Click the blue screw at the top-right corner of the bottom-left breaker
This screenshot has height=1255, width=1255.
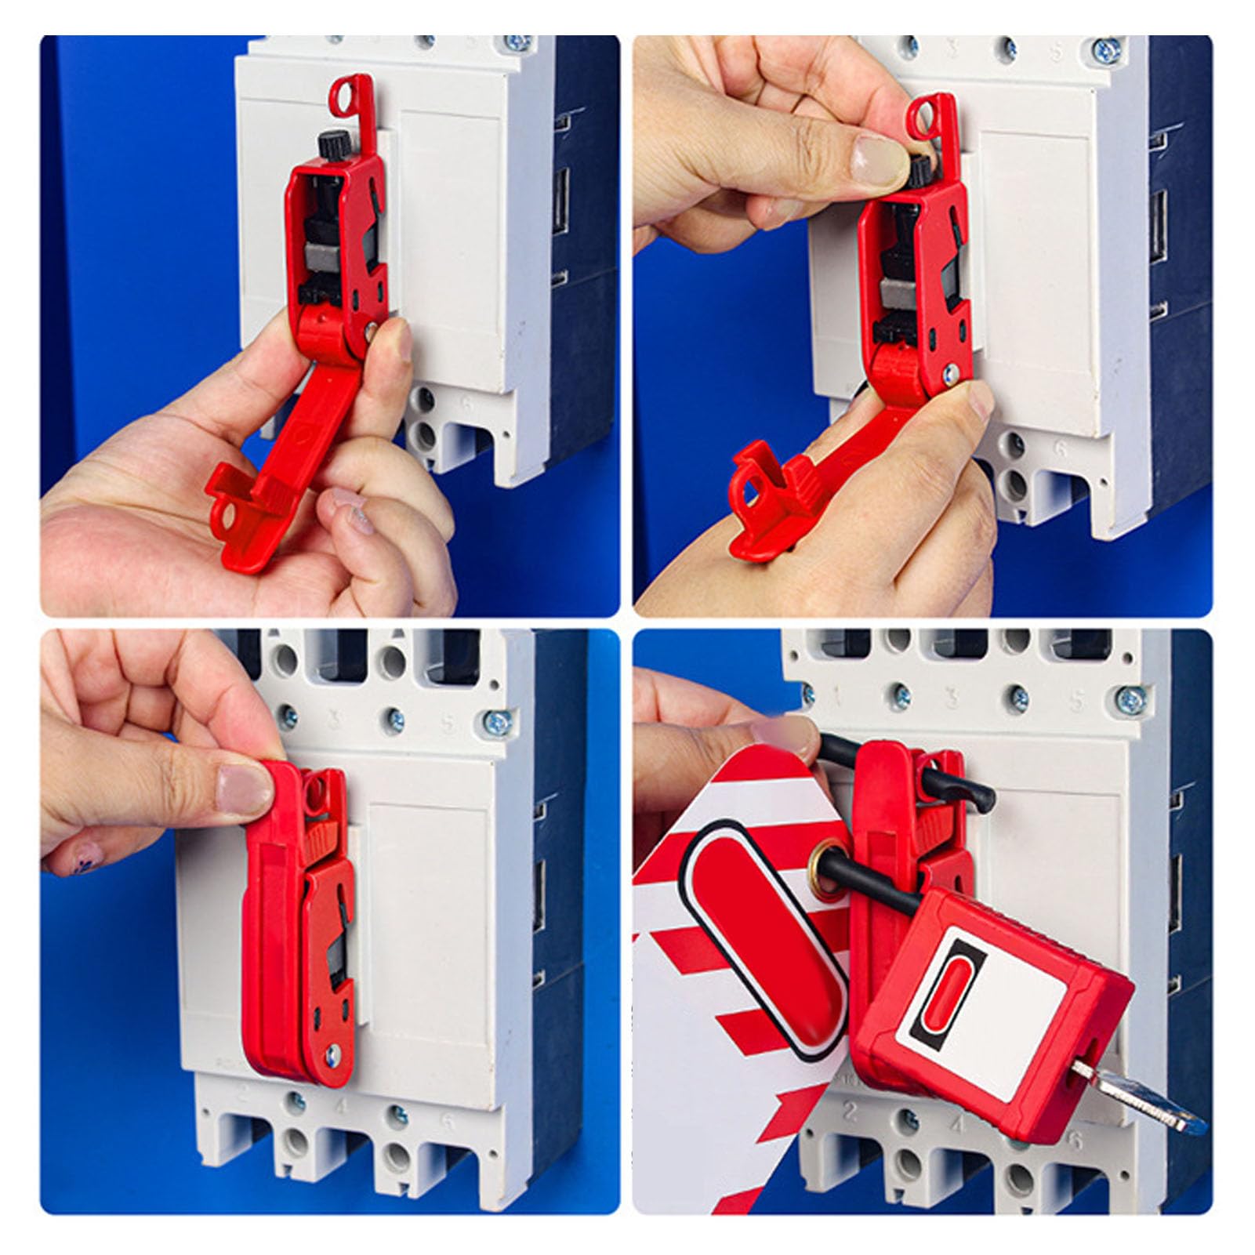click(495, 719)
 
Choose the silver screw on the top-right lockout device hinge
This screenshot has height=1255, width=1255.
click(951, 375)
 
